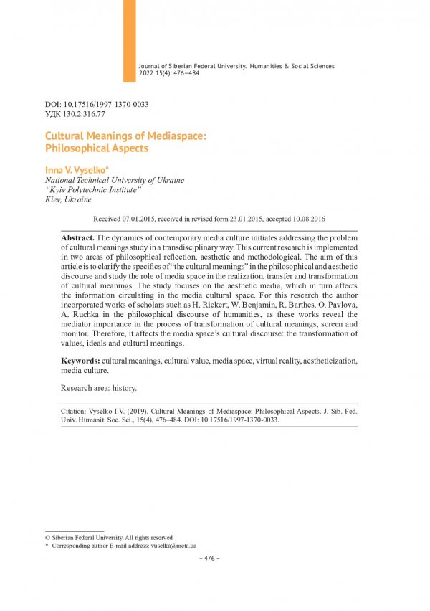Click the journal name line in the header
(236, 66)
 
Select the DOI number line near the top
(97, 104)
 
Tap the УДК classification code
(75, 113)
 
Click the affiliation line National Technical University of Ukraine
(115, 180)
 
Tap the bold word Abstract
(78, 237)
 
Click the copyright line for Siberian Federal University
(108, 537)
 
